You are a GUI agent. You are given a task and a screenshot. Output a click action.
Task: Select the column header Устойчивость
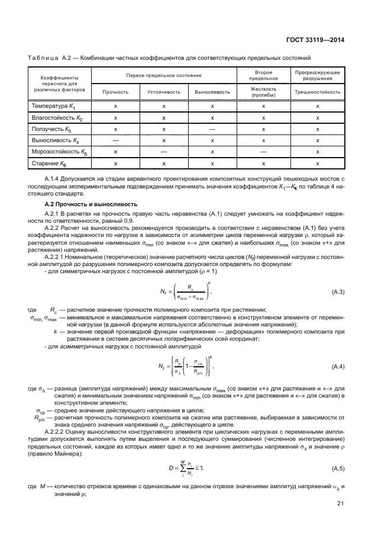(164, 92)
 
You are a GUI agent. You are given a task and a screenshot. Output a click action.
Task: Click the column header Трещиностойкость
(318, 92)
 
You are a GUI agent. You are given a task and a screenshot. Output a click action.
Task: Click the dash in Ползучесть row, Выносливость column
(212, 129)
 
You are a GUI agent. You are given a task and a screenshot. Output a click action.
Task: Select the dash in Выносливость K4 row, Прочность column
(115, 140)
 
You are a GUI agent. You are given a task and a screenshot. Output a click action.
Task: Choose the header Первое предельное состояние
(164, 75)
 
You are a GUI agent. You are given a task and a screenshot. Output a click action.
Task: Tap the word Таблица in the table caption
(42, 58)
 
